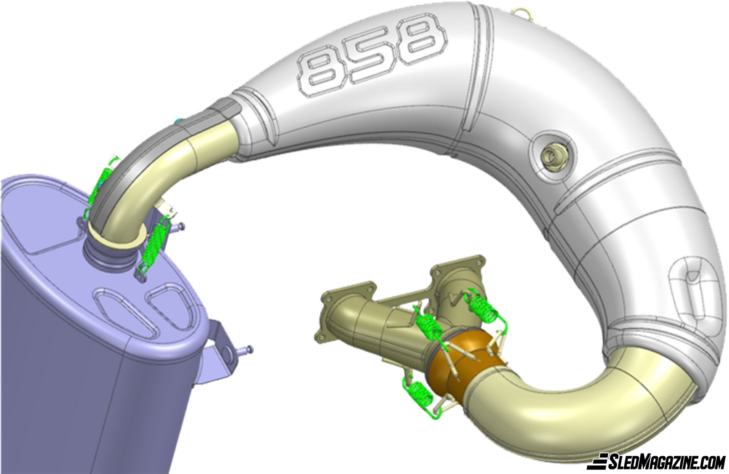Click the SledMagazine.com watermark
tap(658, 461)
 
